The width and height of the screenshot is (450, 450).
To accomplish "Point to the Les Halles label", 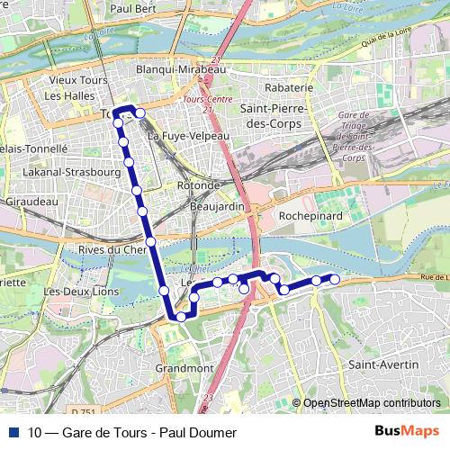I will tap(67, 95).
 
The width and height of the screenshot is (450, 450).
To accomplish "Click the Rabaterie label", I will tap(289, 88).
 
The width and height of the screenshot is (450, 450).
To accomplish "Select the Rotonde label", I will tap(199, 185).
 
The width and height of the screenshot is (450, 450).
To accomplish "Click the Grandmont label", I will tap(184, 368).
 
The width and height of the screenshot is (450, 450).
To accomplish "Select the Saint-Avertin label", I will tap(383, 364).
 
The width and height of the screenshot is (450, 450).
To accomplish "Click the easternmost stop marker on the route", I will tap(335, 279).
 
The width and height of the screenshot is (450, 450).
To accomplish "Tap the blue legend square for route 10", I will tap(13, 433).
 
